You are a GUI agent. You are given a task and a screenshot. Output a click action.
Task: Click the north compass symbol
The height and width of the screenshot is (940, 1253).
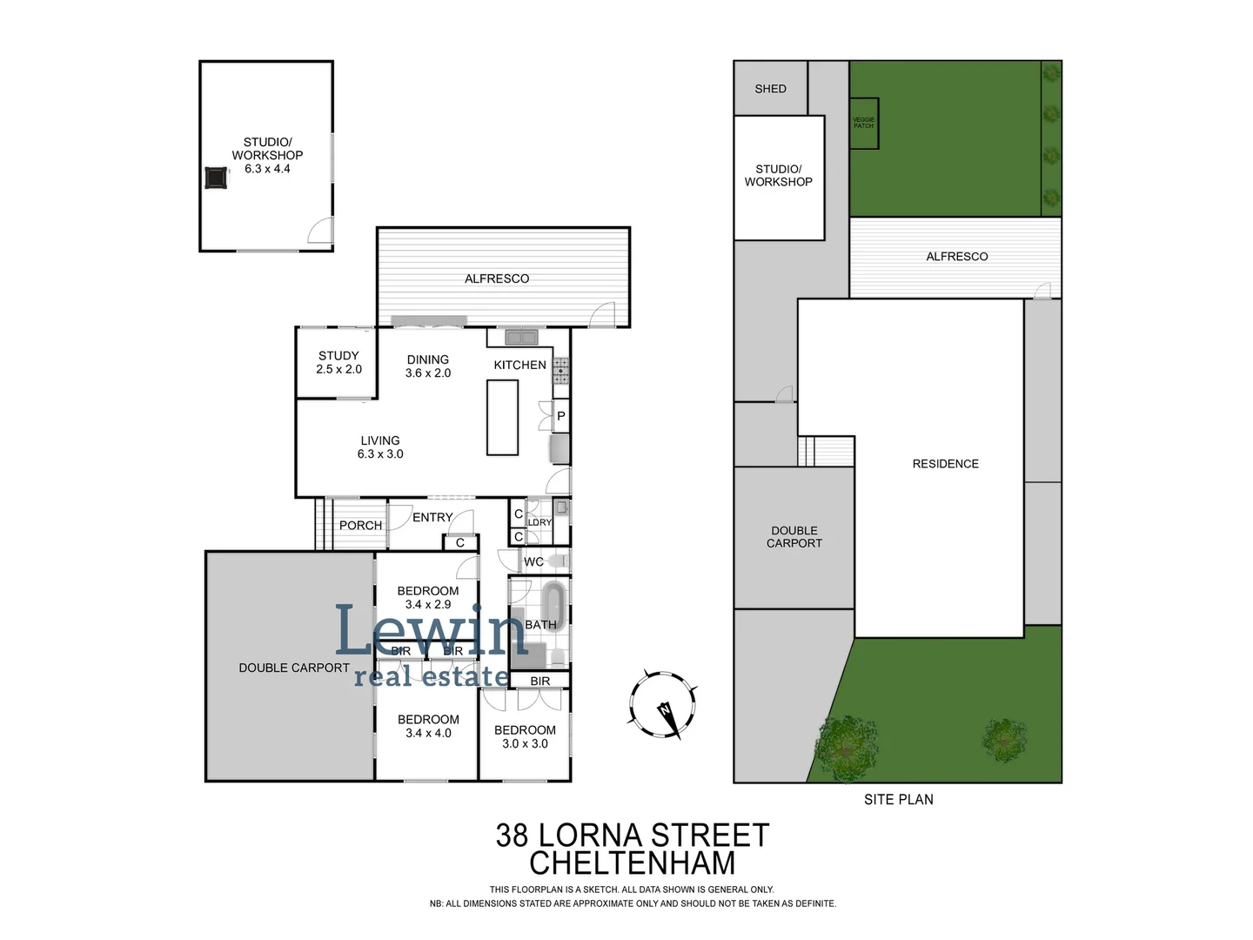coord(663,704)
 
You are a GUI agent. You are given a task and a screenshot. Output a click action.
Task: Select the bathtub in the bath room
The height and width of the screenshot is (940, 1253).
coord(553,606)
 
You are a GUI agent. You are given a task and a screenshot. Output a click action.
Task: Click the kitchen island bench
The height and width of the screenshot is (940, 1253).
coord(502,418)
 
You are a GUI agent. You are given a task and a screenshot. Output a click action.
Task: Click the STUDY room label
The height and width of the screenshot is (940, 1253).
coord(338,356)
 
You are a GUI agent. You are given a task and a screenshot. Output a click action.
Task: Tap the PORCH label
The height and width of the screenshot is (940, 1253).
coord(360,526)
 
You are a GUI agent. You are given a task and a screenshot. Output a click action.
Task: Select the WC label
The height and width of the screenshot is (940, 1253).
coord(533,562)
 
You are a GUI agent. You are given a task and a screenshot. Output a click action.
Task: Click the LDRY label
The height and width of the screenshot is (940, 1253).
coord(539,523)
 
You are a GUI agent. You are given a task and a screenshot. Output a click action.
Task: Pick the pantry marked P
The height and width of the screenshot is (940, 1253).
coord(561,416)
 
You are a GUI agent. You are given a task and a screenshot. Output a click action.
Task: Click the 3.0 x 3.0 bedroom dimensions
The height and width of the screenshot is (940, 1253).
coord(525,744)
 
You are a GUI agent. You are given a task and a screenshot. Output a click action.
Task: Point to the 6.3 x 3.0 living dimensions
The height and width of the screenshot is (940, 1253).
coord(380,454)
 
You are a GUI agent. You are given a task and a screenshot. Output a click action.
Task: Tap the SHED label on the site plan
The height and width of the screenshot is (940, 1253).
coord(770,89)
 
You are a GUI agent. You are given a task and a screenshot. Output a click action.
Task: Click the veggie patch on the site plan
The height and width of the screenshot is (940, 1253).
coord(863,123)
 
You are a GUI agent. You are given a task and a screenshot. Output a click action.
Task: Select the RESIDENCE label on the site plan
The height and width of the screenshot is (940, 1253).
coord(945,464)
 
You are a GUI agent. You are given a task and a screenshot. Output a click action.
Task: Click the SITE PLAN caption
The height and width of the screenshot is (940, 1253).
coord(898,799)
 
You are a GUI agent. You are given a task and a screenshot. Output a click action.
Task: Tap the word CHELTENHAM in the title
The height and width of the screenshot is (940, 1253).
coord(633,863)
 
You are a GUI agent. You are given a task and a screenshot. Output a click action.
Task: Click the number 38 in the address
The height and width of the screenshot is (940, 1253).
coord(513,836)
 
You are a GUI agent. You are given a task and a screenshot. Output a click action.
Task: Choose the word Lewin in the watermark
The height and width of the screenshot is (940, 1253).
coord(432,631)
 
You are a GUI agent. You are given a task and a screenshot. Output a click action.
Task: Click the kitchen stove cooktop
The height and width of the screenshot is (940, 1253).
coord(561,371)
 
